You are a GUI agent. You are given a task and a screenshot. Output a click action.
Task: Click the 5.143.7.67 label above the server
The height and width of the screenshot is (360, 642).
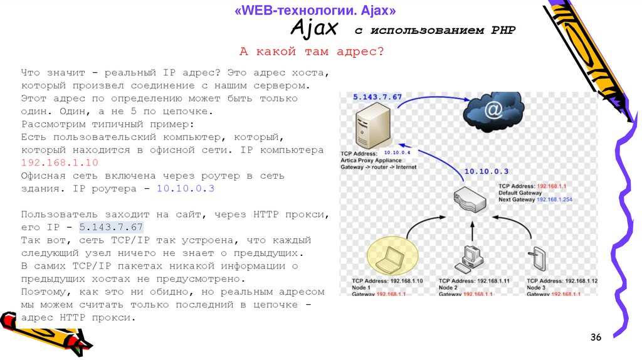pyautogui.click(x=377, y=97)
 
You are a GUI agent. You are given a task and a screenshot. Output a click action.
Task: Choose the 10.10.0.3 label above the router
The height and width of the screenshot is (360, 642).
pyautogui.click(x=487, y=171)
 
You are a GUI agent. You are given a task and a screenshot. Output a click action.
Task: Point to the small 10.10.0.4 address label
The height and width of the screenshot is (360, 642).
pyautogui.click(x=396, y=152)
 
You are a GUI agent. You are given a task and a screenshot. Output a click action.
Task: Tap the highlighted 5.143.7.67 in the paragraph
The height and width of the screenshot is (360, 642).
pyautogui.click(x=110, y=227)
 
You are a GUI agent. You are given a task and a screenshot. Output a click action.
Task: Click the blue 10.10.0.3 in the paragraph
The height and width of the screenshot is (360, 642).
pyautogui.click(x=186, y=188)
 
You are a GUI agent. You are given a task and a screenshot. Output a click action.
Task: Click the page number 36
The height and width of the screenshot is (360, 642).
pyautogui.click(x=596, y=338)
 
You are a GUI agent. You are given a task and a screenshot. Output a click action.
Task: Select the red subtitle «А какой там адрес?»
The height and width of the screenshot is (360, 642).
pyautogui.click(x=312, y=51)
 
